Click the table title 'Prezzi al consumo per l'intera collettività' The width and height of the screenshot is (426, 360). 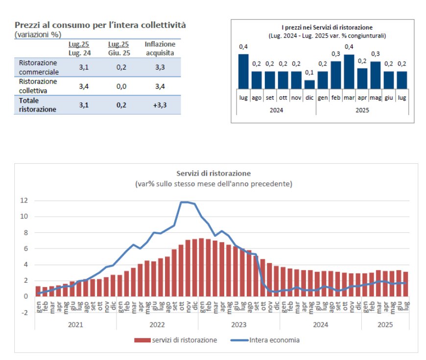[100, 25]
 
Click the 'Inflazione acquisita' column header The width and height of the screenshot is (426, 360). [160, 48]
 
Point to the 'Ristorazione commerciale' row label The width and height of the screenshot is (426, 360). [38, 67]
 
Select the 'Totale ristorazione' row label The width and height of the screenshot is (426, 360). [38, 105]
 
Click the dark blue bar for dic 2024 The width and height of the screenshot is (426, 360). [309, 84]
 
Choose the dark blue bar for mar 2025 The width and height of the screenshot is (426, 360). [349, 71]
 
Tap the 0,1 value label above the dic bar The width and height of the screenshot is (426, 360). [309, 73]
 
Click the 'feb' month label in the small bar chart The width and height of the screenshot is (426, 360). [336, 98]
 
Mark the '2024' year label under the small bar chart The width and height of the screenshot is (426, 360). [276, 110]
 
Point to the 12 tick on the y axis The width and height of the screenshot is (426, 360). [24, 201]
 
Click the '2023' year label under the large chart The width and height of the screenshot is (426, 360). [238, 324]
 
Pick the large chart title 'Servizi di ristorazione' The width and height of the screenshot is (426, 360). [213, 174]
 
